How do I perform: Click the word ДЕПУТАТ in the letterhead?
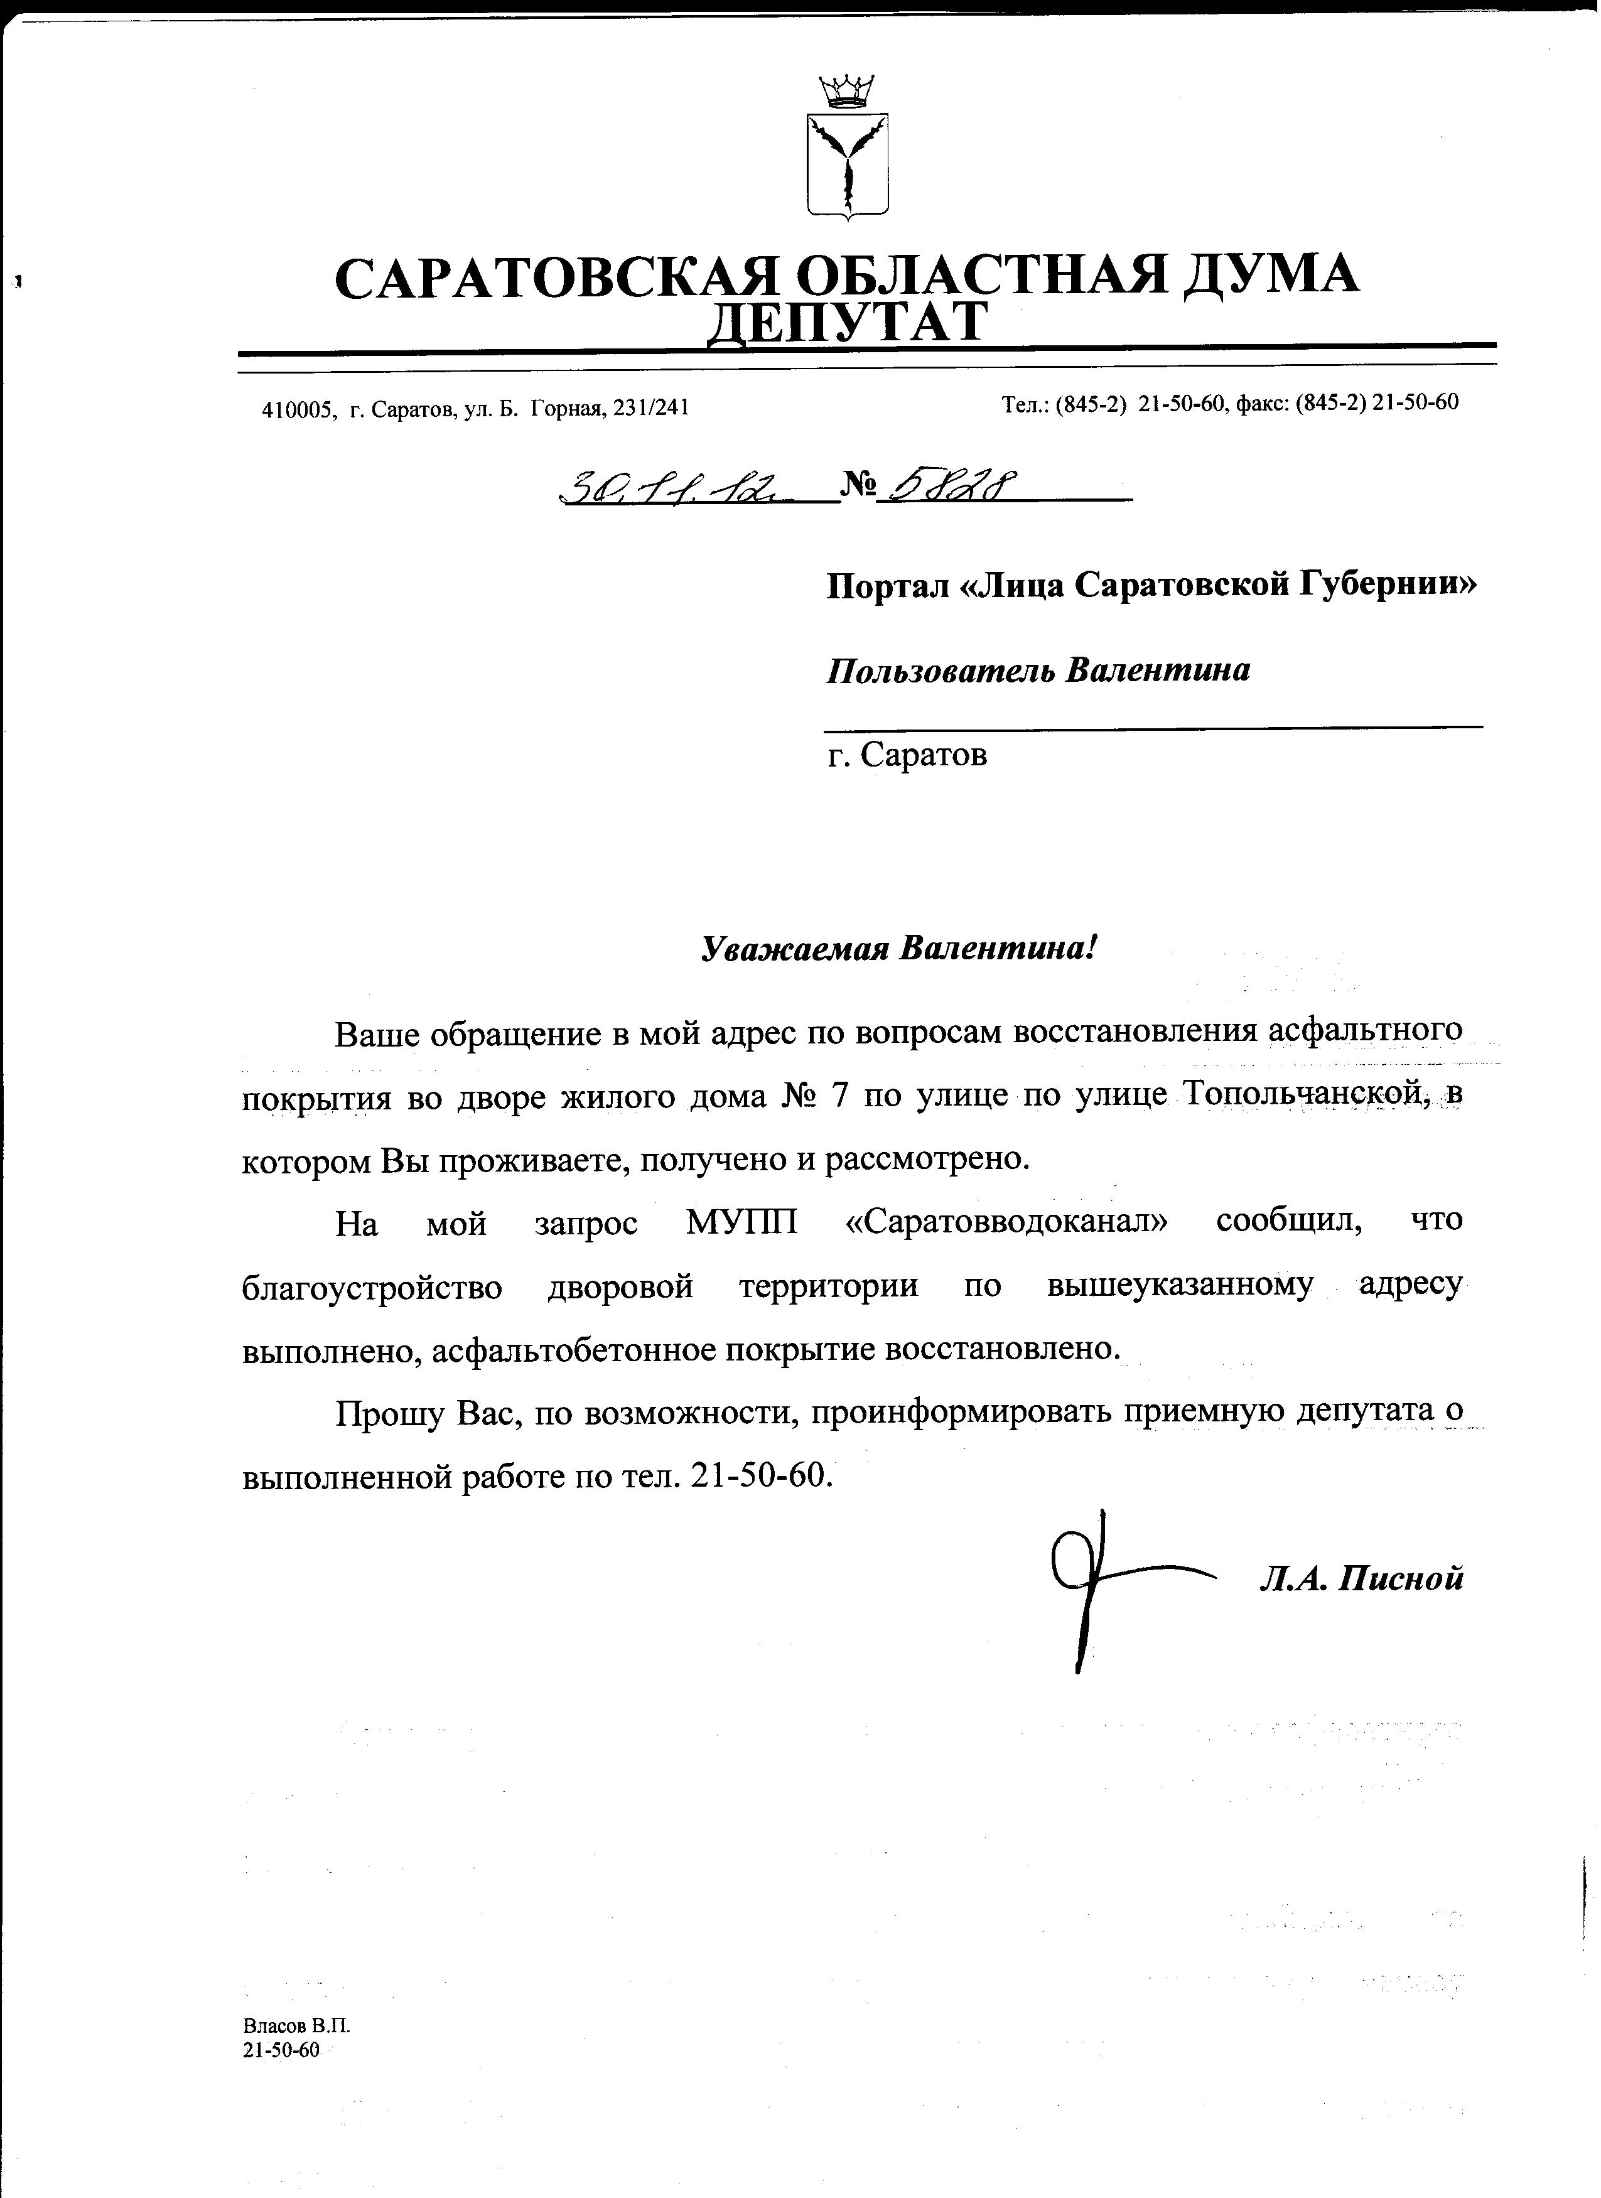(847, 323)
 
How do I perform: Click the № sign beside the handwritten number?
(858, 485)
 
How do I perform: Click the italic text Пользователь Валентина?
(1038, 671)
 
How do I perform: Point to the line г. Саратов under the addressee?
(908, 755)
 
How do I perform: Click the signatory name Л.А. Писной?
(1361, 1581)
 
